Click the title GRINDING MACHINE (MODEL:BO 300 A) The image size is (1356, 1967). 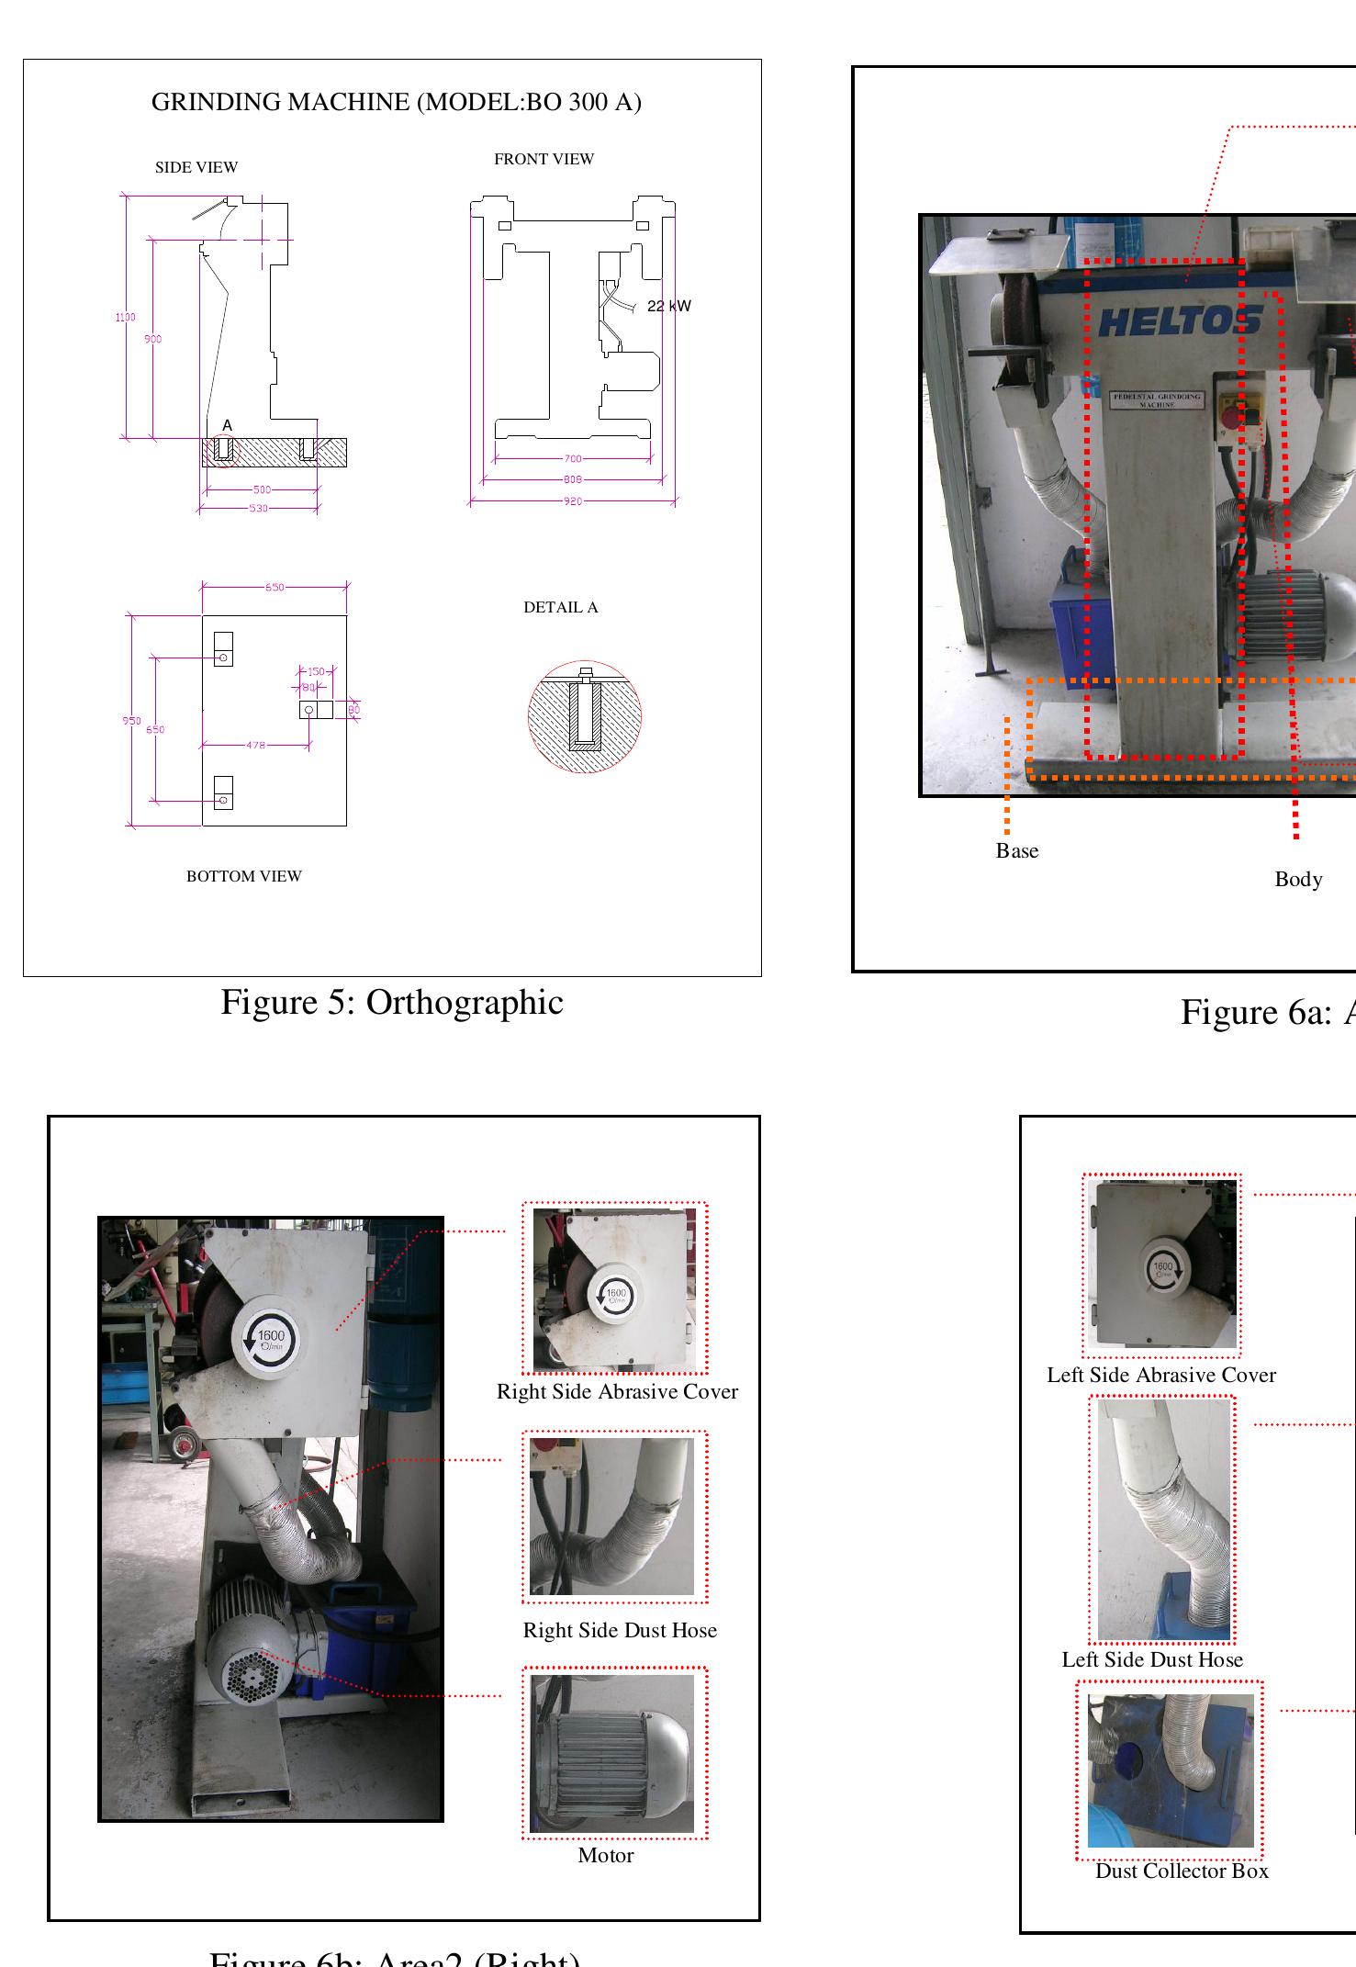click(x=396, y=102)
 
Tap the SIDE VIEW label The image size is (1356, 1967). click(x=196, y=167)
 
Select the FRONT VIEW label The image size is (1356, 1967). click(x=544, y=159)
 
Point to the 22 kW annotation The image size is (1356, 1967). click(x=668, y=306)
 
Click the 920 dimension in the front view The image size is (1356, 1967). click(x=572, y=501)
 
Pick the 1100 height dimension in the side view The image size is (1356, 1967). click(x=125, y=318)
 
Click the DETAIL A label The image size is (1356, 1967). click(x=560, y=607)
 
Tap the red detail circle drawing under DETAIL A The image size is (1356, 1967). click(x=584, y=716)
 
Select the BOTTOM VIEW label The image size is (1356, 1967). click(x=243, y=876)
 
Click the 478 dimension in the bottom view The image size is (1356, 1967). click(x=255, y=745)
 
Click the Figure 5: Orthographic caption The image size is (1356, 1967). click(x=391, y=1002)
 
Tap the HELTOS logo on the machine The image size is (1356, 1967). click(x=1180, y=321)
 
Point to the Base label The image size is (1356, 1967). click(x=1016, y=851)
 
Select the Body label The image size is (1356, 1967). click(x=1297, y=880)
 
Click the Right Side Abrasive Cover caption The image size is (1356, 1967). click(x=617, y=1391)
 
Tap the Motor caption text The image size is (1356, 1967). click(x=605, y=1855)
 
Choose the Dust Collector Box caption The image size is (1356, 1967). click(x=1181, y=1871)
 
